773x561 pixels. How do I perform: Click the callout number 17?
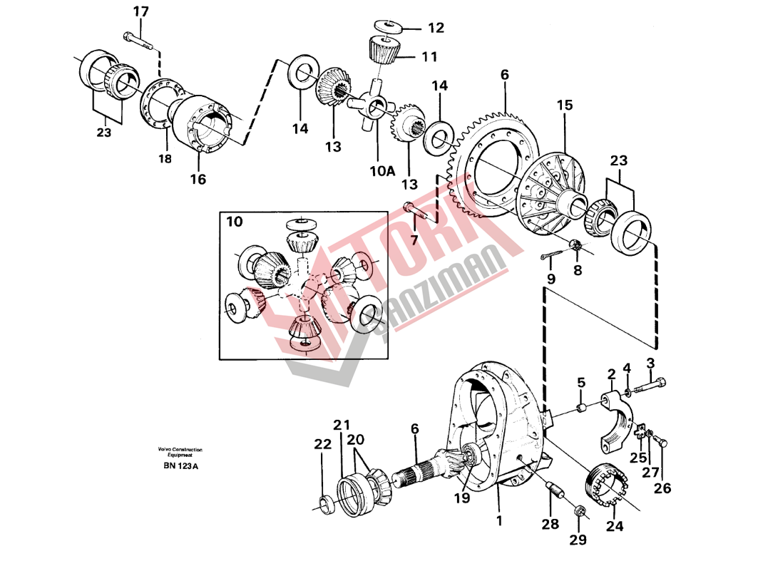141,11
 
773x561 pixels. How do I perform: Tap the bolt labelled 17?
138,39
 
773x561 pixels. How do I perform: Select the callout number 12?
435,28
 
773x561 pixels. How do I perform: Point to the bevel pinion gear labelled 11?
386,49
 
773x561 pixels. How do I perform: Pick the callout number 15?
564,105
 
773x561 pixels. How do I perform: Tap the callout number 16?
198,179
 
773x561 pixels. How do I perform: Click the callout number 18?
165,160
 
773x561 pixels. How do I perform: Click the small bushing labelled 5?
581,408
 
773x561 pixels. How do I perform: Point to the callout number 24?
614,526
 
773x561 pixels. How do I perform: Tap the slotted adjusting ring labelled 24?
607,486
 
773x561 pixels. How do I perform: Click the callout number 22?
323,444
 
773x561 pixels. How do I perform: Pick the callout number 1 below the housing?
499,521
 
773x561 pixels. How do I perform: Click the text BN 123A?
180,466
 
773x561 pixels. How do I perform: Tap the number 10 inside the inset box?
235,222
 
